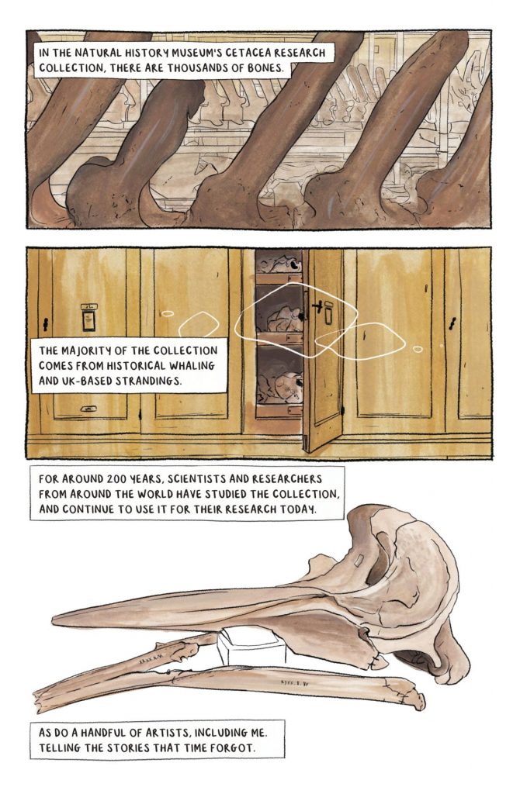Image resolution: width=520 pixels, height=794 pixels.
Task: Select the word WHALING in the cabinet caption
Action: pos(192,366)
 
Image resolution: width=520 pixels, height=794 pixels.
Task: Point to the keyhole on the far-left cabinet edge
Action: pos(46,325)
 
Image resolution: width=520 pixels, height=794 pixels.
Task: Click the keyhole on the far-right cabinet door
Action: pos(452,323)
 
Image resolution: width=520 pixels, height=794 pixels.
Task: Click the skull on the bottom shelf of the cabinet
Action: pos(281,387)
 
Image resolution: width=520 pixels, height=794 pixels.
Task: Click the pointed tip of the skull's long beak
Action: pos(54,619)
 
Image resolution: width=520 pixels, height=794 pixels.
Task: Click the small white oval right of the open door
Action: pos(417,349)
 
